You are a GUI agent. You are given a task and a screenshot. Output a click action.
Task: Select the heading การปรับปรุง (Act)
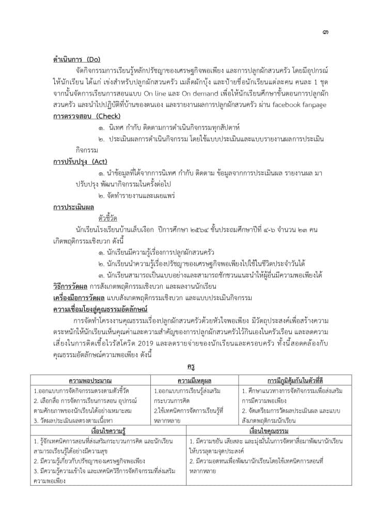[x=80, y=162]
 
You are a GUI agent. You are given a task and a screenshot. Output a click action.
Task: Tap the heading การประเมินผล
[x=72, y=207]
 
